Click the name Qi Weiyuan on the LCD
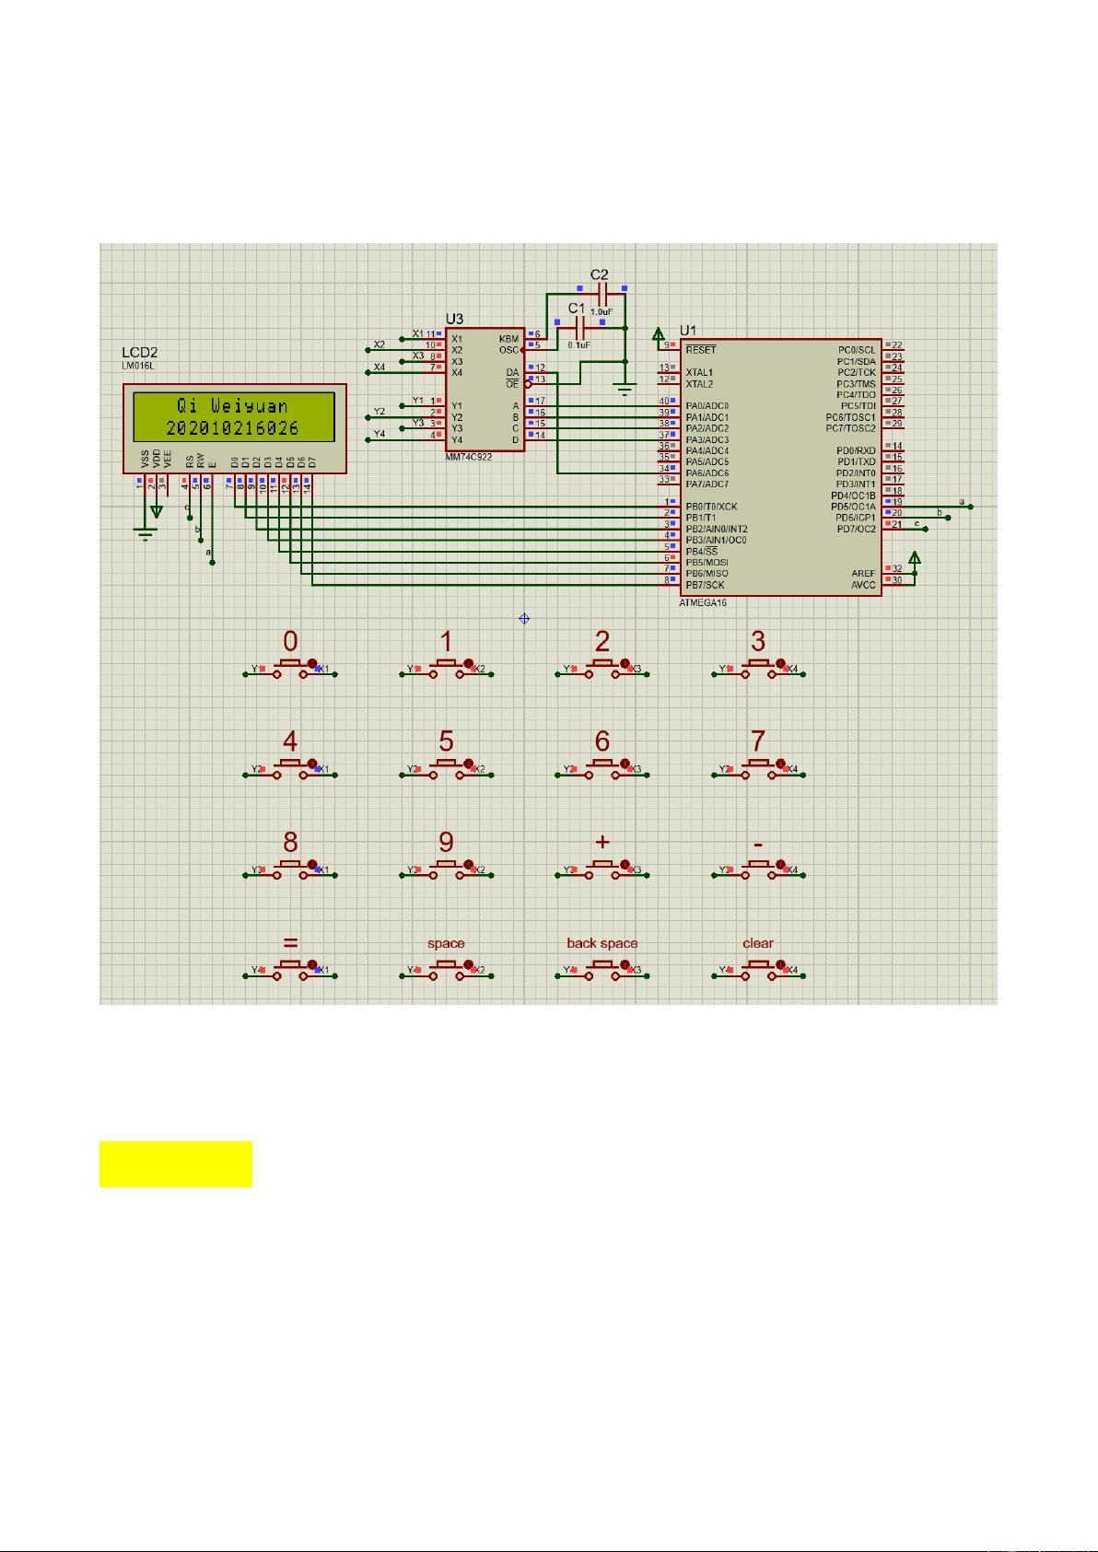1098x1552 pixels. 232,406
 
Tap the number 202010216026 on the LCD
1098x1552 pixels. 232,428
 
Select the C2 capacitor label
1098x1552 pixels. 599,274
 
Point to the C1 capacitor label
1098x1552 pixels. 576,308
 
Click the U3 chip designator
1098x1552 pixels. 454,319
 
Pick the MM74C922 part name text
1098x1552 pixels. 468,457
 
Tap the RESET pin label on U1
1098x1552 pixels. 700,350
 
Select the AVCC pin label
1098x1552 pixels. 863,585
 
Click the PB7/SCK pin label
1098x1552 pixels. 705,585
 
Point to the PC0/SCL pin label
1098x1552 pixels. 857,350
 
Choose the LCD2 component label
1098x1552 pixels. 140,352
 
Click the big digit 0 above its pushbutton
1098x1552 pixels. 290,641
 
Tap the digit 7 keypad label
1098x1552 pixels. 758,741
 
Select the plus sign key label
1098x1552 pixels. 602,842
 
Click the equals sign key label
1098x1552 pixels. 290,943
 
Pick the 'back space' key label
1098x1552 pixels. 602,943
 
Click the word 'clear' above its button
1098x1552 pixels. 758,943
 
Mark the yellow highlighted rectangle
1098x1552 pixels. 176,1164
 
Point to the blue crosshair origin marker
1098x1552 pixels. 524,619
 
